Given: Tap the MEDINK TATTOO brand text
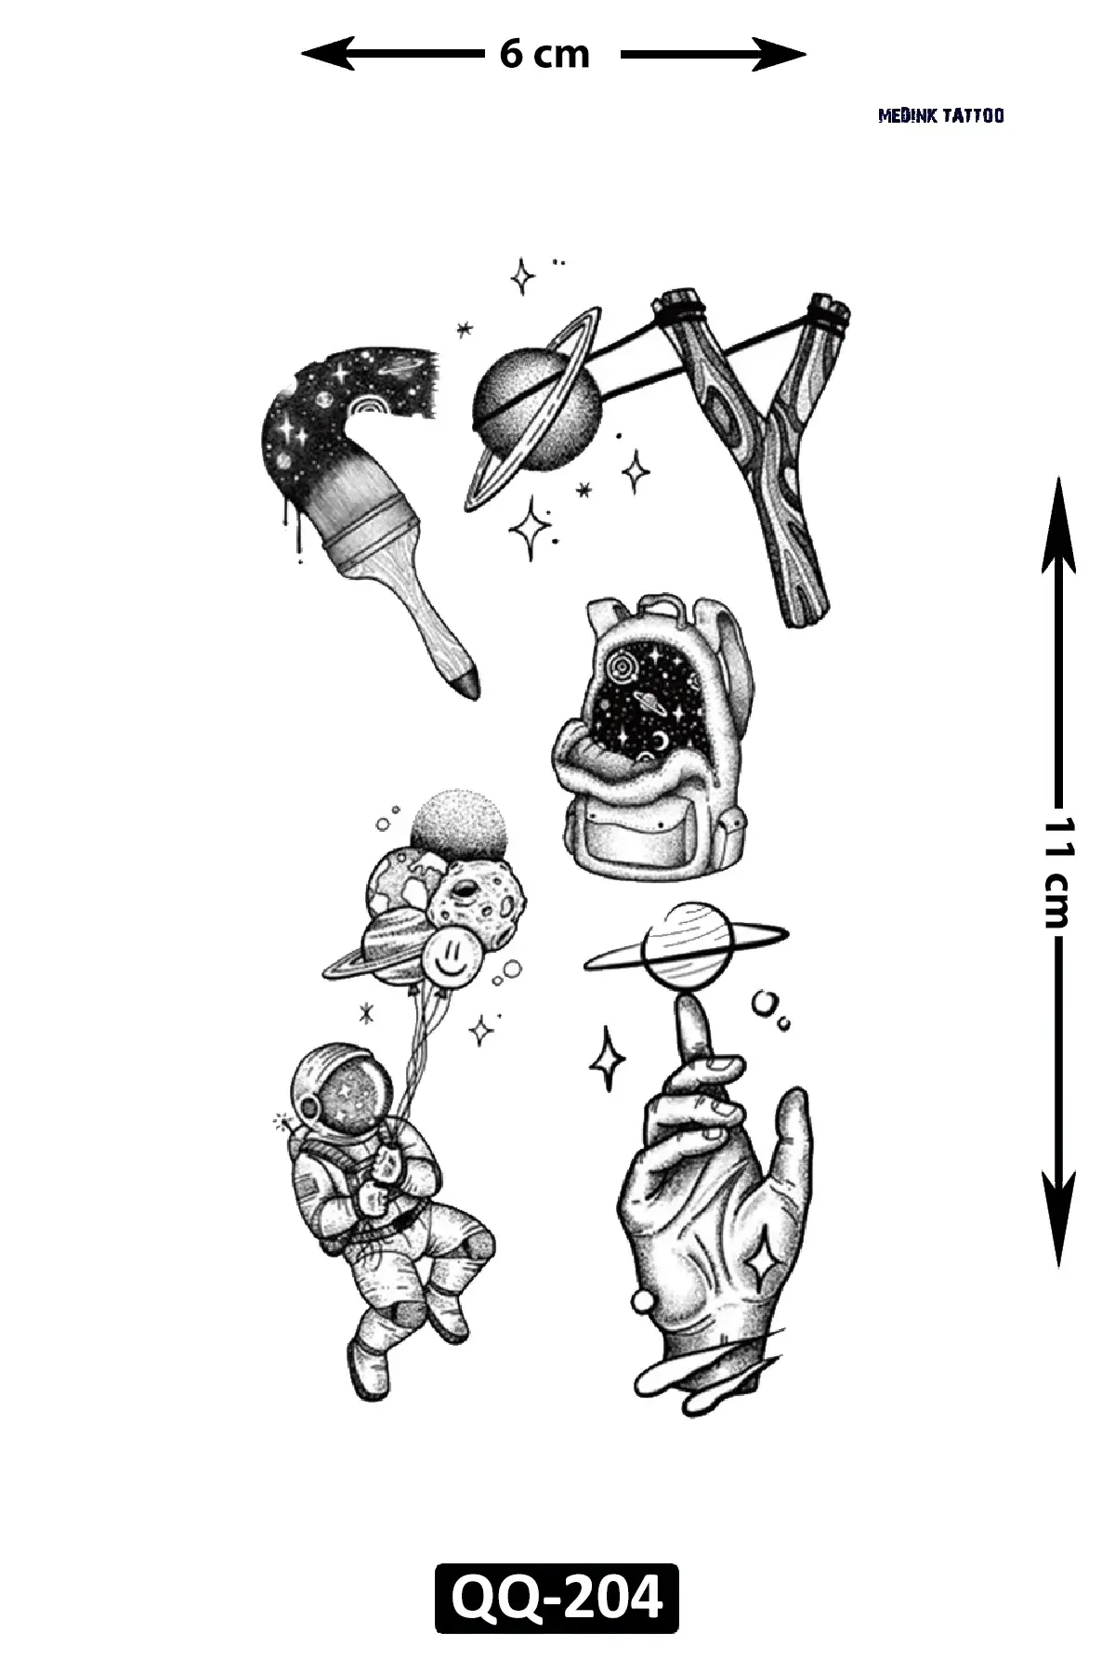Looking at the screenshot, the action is click(941, 116).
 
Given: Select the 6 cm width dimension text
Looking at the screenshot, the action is click(544, 55).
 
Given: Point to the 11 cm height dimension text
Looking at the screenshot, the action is click(1057, 872).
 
